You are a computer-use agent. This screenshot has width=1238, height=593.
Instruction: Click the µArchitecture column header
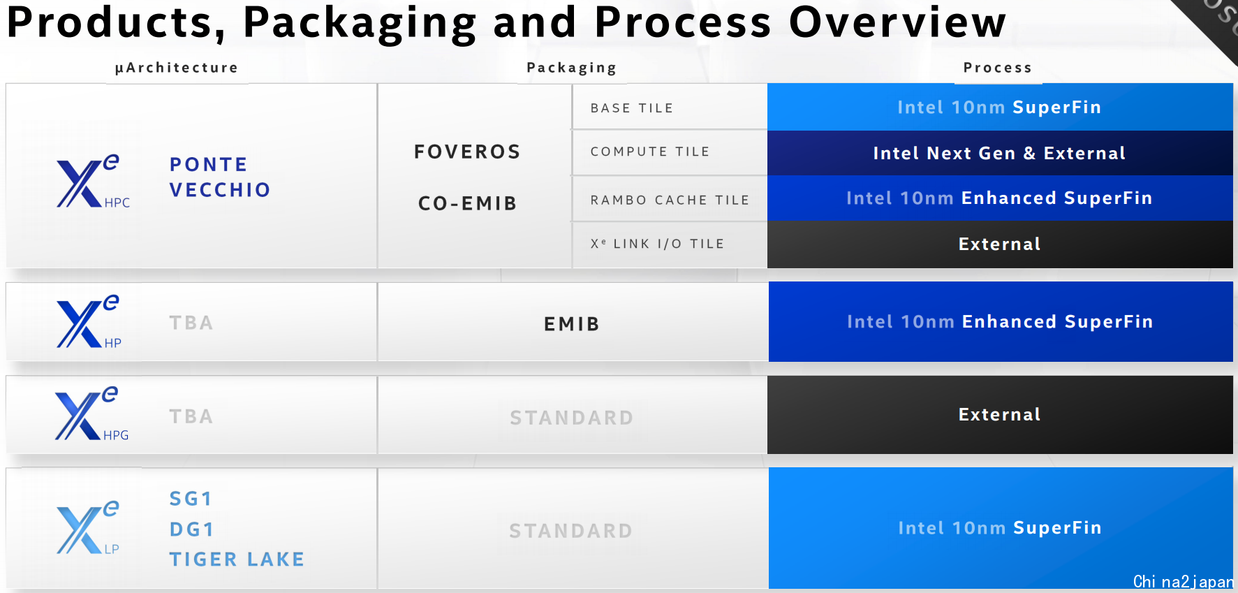177,68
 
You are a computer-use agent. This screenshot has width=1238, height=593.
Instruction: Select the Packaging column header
572,68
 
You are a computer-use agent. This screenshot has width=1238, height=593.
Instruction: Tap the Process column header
998,68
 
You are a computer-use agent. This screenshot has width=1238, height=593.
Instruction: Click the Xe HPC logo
93,181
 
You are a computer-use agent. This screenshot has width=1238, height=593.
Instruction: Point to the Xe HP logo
89,321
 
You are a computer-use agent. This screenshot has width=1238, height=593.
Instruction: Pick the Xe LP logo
88,527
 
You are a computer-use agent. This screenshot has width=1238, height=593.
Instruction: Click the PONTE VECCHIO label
220,177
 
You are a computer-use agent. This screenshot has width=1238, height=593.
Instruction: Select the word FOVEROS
467,152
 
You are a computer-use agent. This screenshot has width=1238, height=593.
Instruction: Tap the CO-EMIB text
467,203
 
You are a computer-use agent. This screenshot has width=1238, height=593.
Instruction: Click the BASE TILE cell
670,108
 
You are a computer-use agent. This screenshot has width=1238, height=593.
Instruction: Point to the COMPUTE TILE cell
670,152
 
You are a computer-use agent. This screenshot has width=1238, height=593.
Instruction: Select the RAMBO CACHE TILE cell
670,200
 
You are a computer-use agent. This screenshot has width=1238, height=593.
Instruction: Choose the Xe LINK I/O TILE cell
670,244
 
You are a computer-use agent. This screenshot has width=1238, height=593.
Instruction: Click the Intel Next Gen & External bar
1000,153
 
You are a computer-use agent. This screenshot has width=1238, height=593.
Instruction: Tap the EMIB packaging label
572,324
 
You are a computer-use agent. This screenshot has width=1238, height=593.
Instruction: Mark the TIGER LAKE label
237,559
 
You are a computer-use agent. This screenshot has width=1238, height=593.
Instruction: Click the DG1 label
191,529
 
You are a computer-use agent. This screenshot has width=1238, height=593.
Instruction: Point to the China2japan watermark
1184,582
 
